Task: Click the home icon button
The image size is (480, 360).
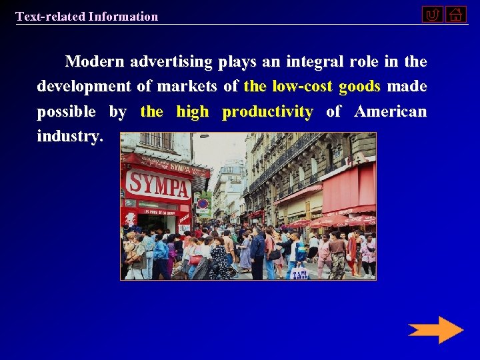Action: [x=456, y=14]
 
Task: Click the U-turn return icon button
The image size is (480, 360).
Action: [x=432, y=14]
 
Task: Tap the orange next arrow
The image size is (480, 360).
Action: [x=435, y=330]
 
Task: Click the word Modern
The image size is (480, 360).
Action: [x=94, y=62]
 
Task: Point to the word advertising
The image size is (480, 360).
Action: [x=171, y=62]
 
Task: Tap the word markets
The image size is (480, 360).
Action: [x=183, y=87]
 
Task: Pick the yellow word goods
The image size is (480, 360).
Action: [x=359, y=87]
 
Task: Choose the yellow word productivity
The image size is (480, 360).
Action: [x=267, y=112]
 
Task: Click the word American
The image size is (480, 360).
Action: [x=390, y=111]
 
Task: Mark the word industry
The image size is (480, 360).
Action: [x=70, y=137]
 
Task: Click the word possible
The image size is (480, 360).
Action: [x=66, y=112]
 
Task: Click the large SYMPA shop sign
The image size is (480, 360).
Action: [x=158, y=184]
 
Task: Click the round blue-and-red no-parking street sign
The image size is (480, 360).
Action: [x=203, y=204]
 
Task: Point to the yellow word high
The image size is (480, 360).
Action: [x=193, y=112]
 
